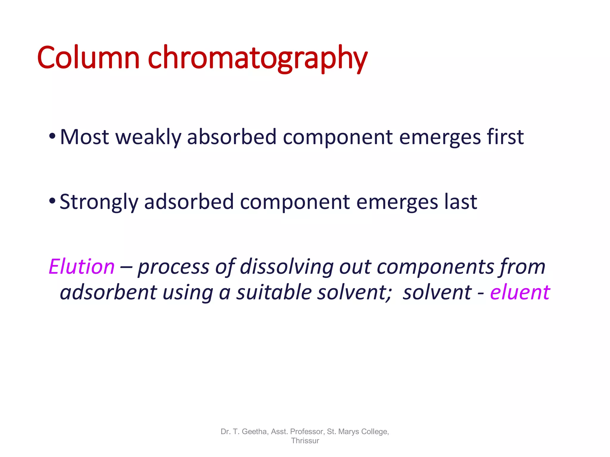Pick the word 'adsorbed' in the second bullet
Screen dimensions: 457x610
coord(189,202)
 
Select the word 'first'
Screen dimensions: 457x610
coord(505,137)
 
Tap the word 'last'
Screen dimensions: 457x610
coord(461,202)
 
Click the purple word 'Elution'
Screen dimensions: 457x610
coord(82,267)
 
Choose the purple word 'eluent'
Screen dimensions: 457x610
coord(520,292)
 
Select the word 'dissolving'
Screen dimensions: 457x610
coord(287,267)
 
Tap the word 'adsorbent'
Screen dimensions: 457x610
coord(108,292)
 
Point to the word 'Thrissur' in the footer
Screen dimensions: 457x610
coord(305,441)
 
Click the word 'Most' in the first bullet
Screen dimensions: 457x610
coord(84,137)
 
